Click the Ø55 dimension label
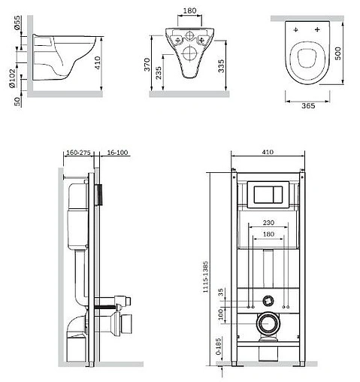pyautogui.click(x=17, y=23)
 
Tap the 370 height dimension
pyautogui.click(x=147, y=65)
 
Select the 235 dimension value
pyautogui.click(x=159, y=73)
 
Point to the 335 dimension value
pyautogui.click(x=221, y=66)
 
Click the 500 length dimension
pyautogui.click(x=337, y=53)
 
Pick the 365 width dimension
pyautogui.click(x=308, y=106)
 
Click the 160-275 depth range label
pyautogui.click(x=78, y=153)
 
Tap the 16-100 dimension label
pyautogui.click(x=117, y=153)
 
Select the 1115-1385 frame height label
pyautogui.click(x=205, y=277)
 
